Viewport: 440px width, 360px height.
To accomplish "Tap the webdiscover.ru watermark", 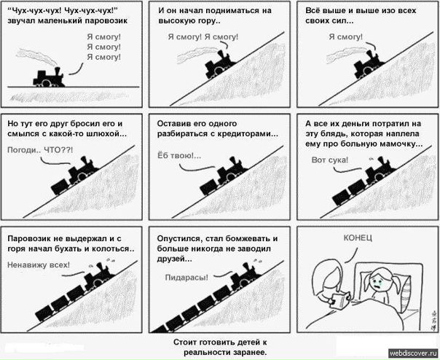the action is (413, 353).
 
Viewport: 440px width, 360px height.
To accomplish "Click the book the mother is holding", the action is (339, 301).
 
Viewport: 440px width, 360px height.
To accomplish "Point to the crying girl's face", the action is (377, 281).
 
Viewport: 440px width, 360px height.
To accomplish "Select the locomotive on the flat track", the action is (49, 78).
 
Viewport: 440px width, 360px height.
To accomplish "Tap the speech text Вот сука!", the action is (330, 160).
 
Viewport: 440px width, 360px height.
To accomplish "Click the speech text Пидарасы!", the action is (186, 278).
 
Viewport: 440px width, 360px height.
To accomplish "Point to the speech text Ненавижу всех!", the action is (39, 265).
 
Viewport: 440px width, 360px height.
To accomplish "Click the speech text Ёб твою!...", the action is (179, 155).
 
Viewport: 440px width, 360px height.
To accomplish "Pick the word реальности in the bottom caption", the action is (208, 353).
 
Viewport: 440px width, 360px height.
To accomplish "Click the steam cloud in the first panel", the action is (36, 55).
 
